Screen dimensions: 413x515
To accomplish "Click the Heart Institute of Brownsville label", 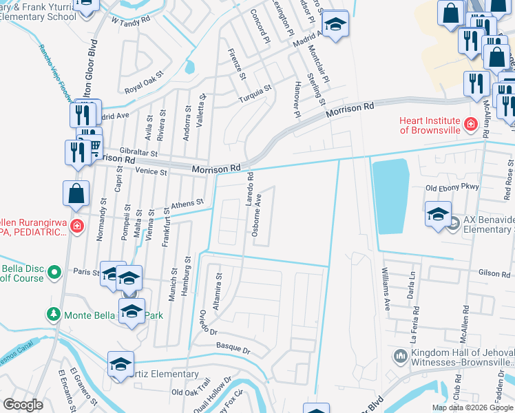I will [430, 125].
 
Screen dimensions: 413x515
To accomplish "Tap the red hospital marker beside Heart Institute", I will [471, 125].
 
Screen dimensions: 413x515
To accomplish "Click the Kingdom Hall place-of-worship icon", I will [401, 356].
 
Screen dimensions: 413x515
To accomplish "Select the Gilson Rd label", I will [494, 273].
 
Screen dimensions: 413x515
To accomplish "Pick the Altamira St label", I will [217, 290].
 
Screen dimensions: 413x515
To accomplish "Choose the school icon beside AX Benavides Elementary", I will [438, 215].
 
